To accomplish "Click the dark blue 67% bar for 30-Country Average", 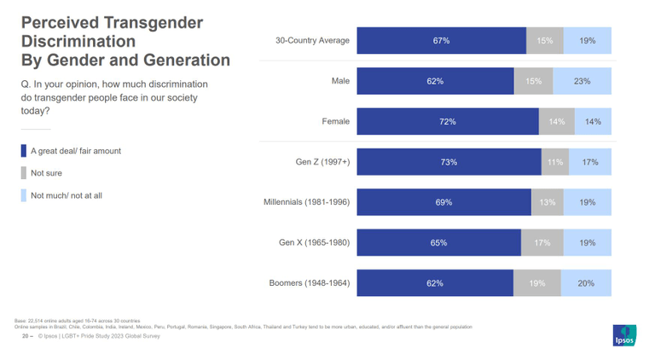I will [441, 41].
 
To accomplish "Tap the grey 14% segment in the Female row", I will [557, 122].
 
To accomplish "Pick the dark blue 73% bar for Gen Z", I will [449, 162].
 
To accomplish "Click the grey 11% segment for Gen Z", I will [555, 162].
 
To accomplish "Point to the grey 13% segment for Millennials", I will [547, 202].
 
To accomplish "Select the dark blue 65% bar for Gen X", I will [438, 243].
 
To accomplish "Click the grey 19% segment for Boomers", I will [537, 283].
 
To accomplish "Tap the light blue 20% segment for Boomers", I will [586, 283].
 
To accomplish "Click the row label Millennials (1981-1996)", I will [306, 202].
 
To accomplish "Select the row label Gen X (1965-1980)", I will [314, 243].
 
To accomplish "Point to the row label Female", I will [335, 122].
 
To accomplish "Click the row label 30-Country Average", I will [312, 41].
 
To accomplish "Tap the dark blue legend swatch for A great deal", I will [24, 151].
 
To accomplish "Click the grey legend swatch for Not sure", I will [24, 173].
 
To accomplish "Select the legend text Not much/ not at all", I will [67, 195].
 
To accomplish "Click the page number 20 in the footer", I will [25, 336].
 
